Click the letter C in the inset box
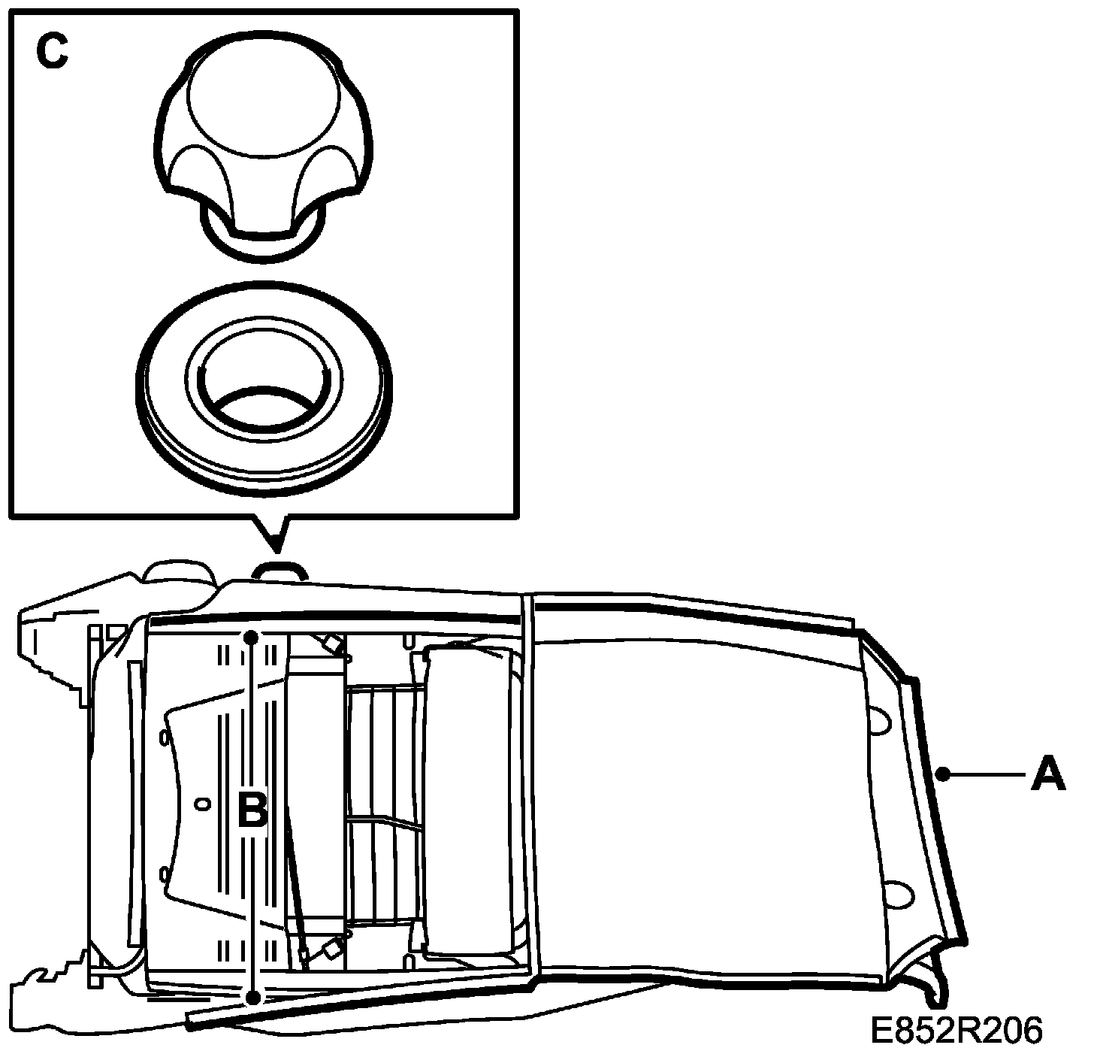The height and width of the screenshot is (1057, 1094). pyautogui.click(x=53, y=53)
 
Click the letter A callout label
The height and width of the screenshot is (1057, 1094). pyautogui.click(x=1048, y=774)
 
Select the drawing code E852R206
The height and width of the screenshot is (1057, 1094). pyautogui.click(x=956, y=1031)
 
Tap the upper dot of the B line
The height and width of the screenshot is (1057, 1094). pyautogui.click(x=252, y=638)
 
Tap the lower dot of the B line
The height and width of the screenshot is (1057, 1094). pyautogui.click(x=254, y=998)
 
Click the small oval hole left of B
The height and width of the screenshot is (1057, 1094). pyautogui.click(x=201, y=805)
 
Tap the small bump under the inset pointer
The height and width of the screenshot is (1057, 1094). pyautogui.click(x=280, y=569)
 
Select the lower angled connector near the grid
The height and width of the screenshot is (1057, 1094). pyautogui.click(x=328, y=952)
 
